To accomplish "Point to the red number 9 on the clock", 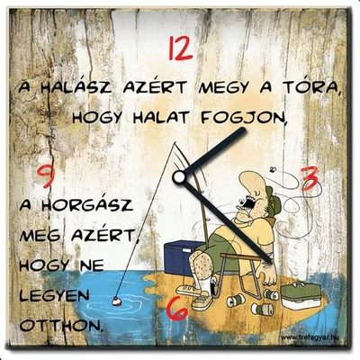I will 45,175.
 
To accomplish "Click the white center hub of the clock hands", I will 179,175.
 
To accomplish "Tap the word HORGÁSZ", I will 90,206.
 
